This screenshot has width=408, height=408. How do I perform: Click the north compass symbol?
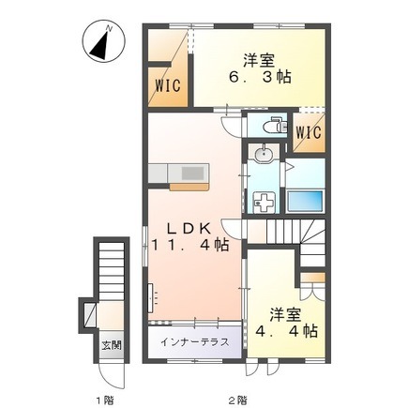click(103, 41)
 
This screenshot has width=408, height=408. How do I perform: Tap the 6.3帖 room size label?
click(260, 77)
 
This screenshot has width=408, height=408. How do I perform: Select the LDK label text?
click(189, 230)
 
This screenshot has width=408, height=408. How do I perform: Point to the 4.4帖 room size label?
click(286, 331)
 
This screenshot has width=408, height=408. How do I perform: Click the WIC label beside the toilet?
click(309, 132)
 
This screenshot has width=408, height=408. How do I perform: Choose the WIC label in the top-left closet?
click(168, 85)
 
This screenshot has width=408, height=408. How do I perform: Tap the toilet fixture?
click(275, 126)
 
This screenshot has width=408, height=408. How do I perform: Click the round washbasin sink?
click(264, 155)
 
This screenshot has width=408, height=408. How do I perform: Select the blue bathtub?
click(305, 201)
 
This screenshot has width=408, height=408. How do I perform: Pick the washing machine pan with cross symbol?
click(264, 203)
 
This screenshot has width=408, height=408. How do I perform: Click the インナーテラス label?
click(195, 341)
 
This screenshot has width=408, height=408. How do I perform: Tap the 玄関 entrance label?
click(112, 346)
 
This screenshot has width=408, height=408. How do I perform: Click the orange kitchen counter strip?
click(189, 187)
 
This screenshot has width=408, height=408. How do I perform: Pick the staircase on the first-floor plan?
click(112, 271)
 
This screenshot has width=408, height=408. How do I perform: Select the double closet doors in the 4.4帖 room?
click(313, 291)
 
